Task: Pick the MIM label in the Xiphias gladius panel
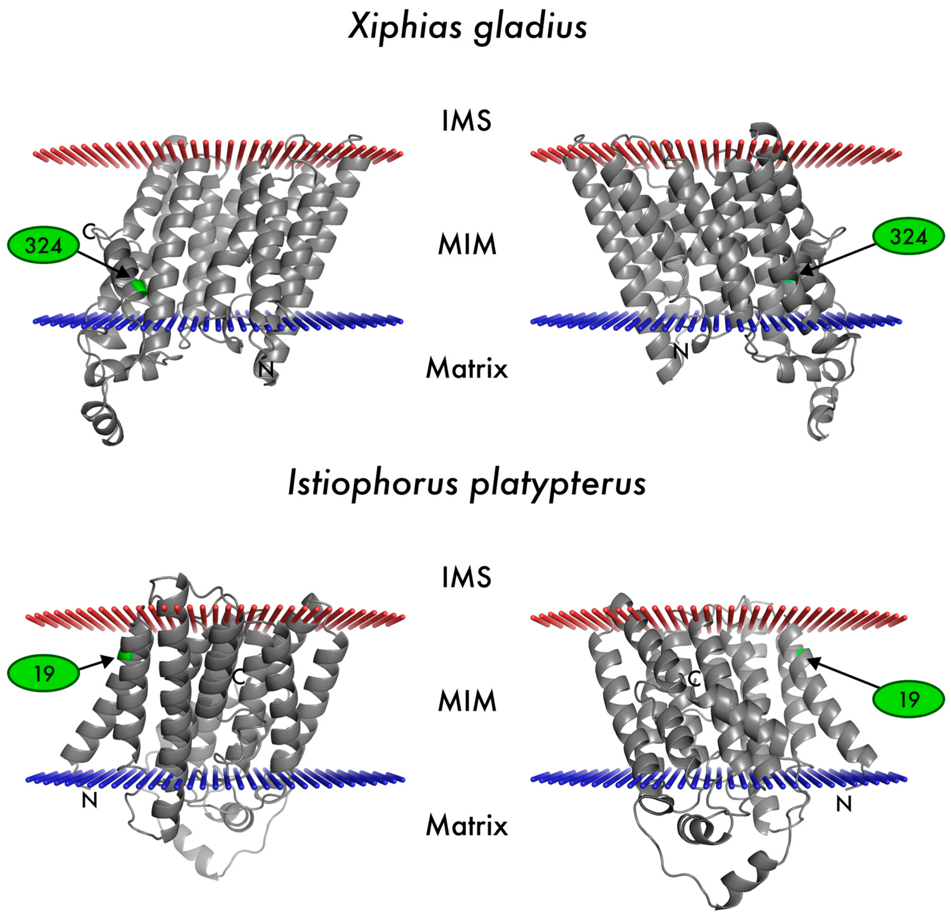point(467,245)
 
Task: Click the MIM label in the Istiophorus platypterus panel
point(467,701)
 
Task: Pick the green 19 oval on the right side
point(908,699)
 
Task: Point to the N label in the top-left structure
point(266,370)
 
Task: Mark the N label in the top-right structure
point(681,351)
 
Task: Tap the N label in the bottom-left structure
point(90,801)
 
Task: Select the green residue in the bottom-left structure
point(125,656)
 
